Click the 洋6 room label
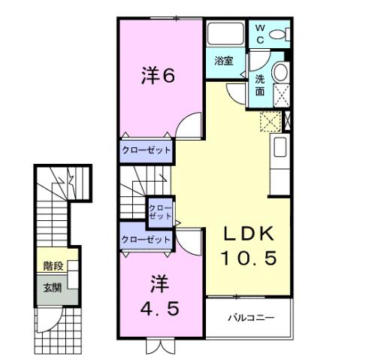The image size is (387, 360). pos(159,76)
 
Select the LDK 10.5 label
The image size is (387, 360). pos(249,245)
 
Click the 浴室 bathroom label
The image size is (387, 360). pos(223,60)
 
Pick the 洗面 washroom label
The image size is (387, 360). pos(259,85)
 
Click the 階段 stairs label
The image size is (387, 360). pos(53,265)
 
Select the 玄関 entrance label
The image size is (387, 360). pos(52,288)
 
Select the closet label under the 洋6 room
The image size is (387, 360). pos(146,150)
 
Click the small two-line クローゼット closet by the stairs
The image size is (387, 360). pos(159,211)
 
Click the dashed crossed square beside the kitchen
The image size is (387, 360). pos(269,121)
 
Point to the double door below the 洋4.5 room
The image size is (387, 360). pos(159,345)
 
